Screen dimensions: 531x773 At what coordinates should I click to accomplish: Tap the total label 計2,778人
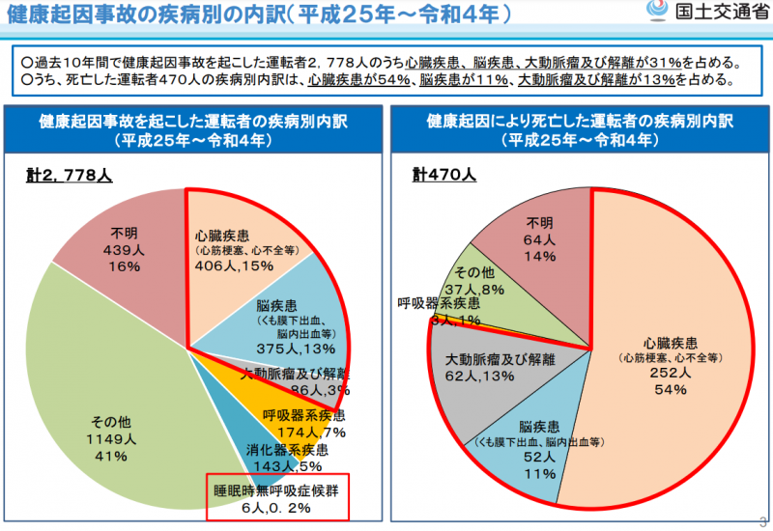click(x=69, y=177)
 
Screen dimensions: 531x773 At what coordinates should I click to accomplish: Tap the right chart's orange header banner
click(x=579, y=131)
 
